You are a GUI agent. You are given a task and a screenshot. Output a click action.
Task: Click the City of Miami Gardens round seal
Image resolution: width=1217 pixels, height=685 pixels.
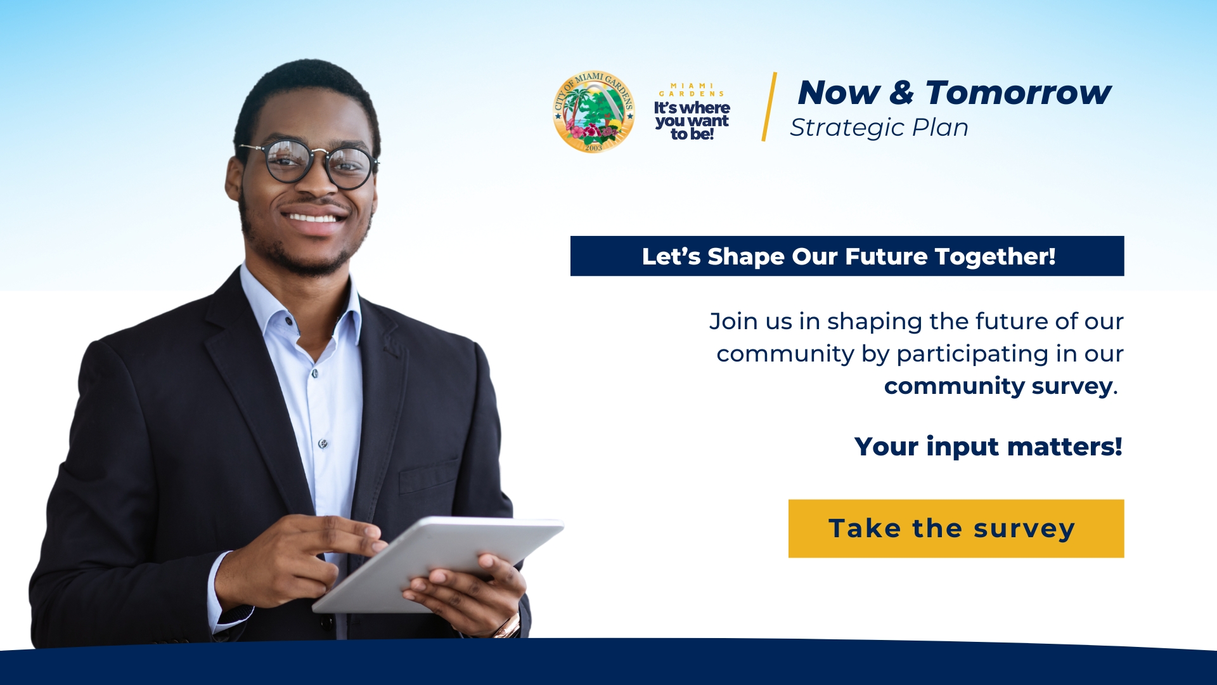(593, 112)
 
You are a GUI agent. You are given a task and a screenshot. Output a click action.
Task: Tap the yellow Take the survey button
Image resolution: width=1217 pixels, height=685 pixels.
(956, 528)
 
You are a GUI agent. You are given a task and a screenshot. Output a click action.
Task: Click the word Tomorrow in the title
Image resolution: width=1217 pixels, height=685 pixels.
(1018, 93)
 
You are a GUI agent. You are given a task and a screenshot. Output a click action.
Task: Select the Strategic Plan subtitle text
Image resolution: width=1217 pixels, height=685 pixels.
(879, 128)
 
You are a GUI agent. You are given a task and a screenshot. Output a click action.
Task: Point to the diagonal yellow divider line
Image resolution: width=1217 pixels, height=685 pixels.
(769, 107)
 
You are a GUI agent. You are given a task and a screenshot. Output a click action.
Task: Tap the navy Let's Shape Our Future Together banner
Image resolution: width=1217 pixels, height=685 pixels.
(847, 256)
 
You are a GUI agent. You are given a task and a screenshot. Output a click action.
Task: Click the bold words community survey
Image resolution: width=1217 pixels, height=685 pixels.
(998, 386)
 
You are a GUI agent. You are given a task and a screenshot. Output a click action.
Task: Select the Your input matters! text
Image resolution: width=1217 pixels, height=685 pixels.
(988, 447)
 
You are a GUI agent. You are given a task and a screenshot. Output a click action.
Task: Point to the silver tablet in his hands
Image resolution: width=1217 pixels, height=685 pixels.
(438, 564)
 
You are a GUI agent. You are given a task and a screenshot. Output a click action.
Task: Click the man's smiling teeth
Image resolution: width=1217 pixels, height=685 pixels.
(312, 218)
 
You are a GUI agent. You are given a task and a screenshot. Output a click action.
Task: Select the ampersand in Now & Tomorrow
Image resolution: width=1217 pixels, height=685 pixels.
(902, 93)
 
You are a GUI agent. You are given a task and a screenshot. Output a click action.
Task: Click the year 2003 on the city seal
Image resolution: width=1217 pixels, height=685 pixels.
(593, 148)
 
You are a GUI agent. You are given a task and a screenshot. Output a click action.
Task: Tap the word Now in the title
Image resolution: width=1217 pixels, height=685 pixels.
(839, 93)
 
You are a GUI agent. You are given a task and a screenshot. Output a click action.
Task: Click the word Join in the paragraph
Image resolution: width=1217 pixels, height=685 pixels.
(733, 321)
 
